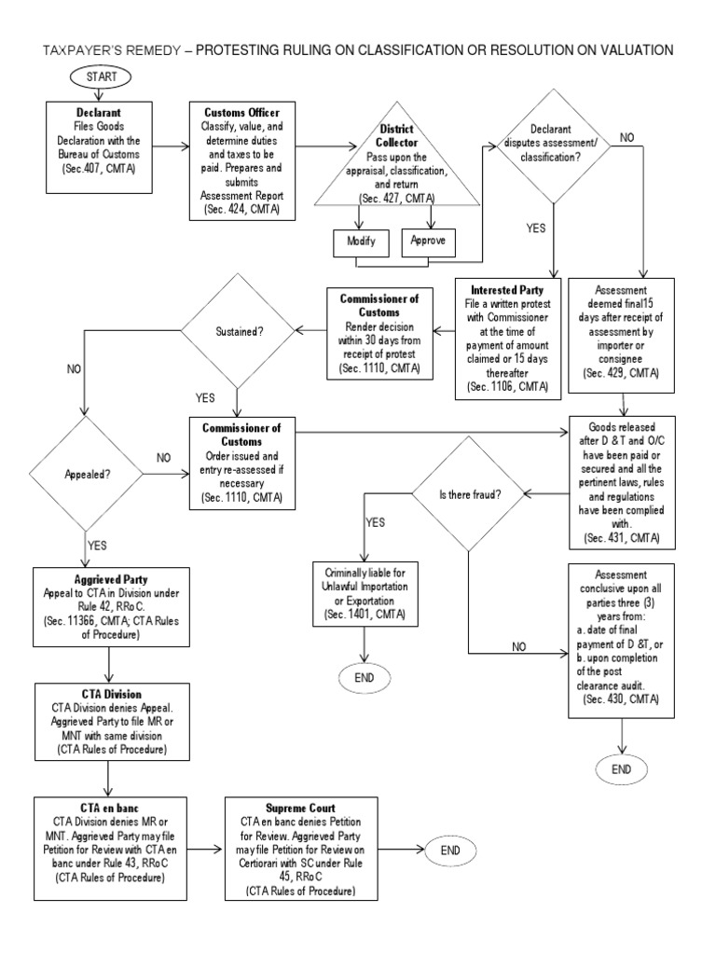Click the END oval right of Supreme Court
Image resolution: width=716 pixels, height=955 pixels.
450,850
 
